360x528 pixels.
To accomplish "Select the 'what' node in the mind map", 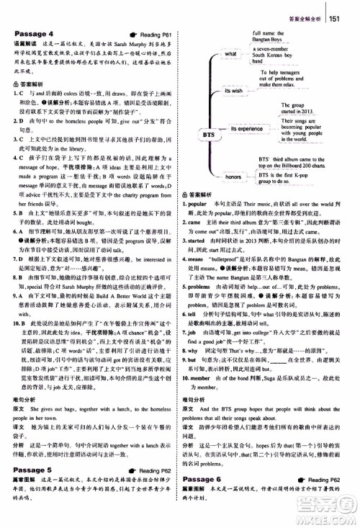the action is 230,53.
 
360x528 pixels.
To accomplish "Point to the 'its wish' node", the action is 233,90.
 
